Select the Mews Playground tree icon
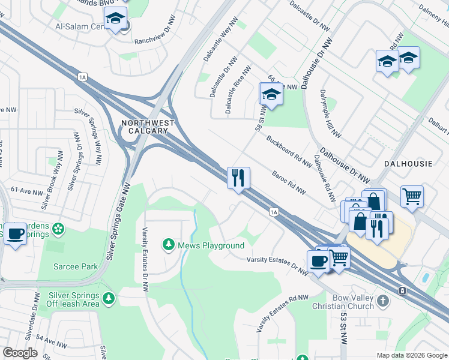click(168, 245)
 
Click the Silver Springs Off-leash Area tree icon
click(108, 298)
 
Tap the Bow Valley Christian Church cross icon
click(384, 299)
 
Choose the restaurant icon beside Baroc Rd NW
click(238, 178)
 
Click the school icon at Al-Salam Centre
click(116, 20)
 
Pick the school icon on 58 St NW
click(271, 94)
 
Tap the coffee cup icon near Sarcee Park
click(16, 233)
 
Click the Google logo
click(20, 353)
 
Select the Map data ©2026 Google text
click(412, 355)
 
